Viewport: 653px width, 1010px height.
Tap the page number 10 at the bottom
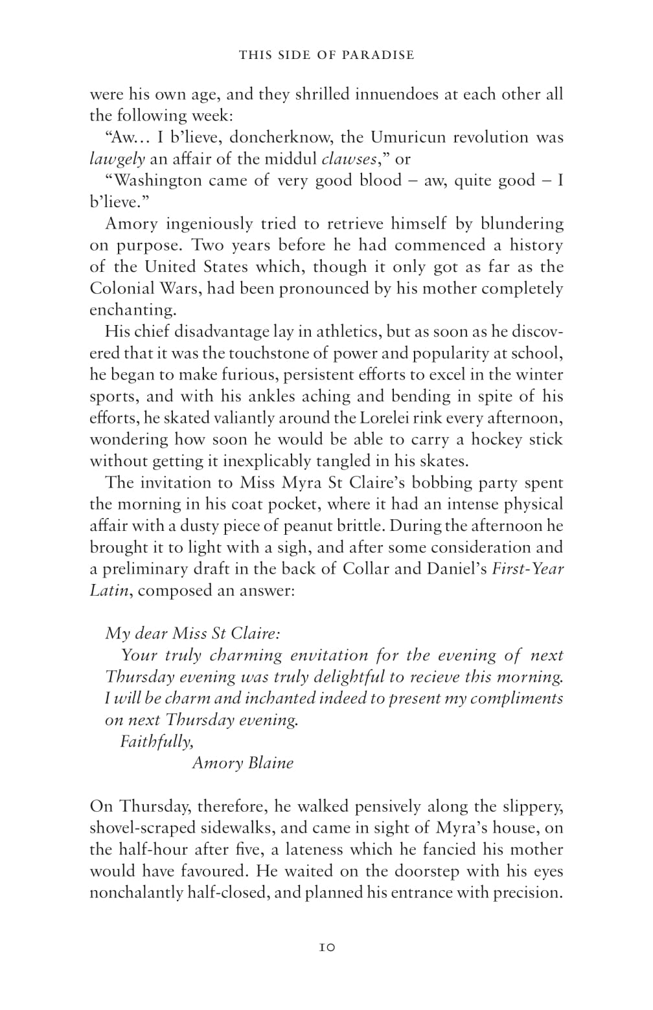click(x=326, y=947)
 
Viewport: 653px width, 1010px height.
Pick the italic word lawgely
click(x=117, y=159)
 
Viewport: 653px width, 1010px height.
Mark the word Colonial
click(x=121, y=289)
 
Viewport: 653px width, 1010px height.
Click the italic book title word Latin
click(x=106, y=591)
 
